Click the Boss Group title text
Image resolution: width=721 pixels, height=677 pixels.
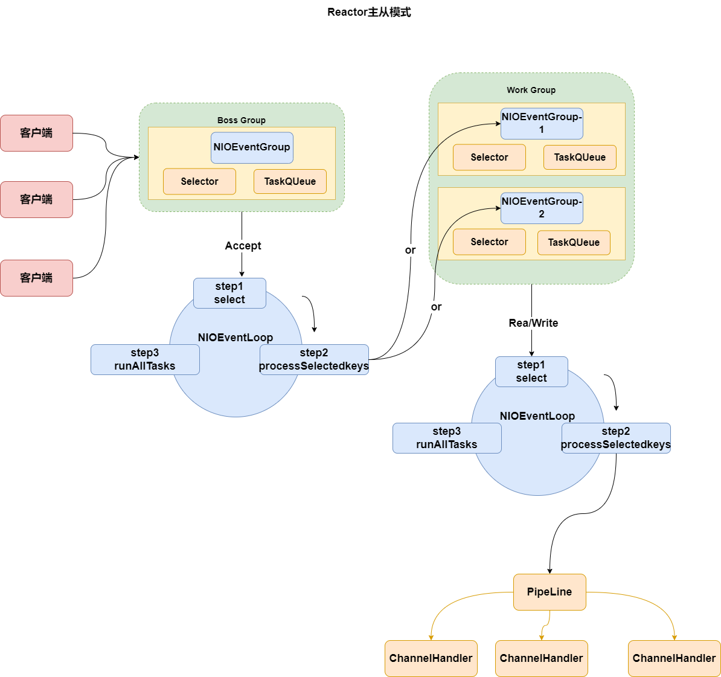click(242, 120)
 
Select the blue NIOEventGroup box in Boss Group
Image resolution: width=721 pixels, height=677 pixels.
click(252, 148)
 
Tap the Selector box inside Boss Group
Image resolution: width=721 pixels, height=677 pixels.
click(199, 182)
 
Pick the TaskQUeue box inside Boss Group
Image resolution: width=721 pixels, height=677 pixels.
click(290, 182)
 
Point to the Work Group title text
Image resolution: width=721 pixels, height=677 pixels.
click(531, 90)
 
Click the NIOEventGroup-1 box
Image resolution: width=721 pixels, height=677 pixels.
click(542, 123)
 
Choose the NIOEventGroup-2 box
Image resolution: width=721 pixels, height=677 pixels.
click(542, 208)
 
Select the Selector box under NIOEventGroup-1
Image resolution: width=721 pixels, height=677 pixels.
click(489, 158)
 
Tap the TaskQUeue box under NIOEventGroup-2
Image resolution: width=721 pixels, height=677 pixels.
click(574, 243)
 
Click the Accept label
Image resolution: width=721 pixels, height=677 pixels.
click(243, 246)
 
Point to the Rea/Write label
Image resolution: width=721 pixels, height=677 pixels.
click(533, 323)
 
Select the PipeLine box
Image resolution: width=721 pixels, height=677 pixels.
click(550, 592)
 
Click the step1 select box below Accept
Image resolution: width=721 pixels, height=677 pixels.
click(229, 294)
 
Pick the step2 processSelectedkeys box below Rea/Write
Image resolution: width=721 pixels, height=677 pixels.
click(616, 438)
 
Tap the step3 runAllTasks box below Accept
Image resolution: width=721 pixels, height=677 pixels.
click(145, 360)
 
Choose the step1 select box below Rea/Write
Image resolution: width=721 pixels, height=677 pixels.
click(531, 372)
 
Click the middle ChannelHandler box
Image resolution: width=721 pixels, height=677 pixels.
click(541, 658)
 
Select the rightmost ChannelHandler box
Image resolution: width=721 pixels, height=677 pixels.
click(674, 658)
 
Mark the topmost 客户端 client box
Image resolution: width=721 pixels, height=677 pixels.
click(36, 133)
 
